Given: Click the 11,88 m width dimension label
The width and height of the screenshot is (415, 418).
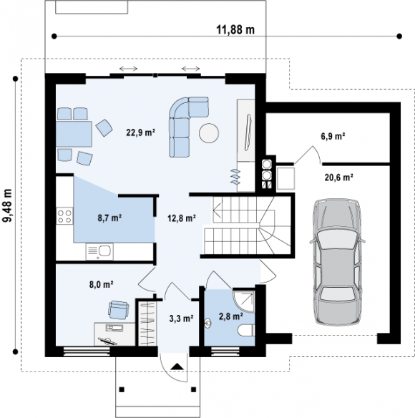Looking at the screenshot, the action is pyautogui.click(x=235, y=29).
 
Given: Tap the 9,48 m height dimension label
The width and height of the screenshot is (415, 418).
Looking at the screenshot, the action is pyautogui.click(x=7, y=205).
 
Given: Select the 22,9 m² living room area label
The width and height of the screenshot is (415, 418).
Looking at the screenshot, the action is pyautogui.click(x=141, y=132).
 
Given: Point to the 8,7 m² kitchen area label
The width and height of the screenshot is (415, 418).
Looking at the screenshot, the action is pyautogui.click(x=109, y=218).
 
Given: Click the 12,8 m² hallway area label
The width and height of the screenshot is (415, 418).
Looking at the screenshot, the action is pyautogui.click(x=182, y=218).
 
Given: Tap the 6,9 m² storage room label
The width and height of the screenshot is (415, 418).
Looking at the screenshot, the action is pyautogui.click(x=333, y=136).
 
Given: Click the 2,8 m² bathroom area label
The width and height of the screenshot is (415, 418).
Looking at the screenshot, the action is pyautogui.click(x=231, y=316).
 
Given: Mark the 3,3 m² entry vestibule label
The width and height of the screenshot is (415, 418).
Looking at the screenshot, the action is pyautogui.click(x=181, y=318).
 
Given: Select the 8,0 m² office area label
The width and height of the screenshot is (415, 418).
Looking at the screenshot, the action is pyautogui.click(x=102, y=284).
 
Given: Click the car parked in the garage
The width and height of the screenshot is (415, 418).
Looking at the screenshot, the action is pyautogui.click(x=337, y=261).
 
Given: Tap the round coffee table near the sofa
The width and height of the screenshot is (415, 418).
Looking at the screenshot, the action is pyautogui.click(x=209, y=133).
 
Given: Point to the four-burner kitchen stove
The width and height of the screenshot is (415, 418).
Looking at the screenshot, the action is pyautogui.click(x=64, y=216).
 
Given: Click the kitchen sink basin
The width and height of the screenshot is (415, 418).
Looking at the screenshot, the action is pyautogui.click(x=104, y=251).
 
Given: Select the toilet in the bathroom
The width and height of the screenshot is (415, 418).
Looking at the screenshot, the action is pyautogui.click(x=246, y=330).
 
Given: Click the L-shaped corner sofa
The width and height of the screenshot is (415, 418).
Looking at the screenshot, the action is pyautogui.click(x=188, y=127).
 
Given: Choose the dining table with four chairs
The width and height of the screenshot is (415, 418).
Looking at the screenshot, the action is pyautogui.click(x=74, y=134).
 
